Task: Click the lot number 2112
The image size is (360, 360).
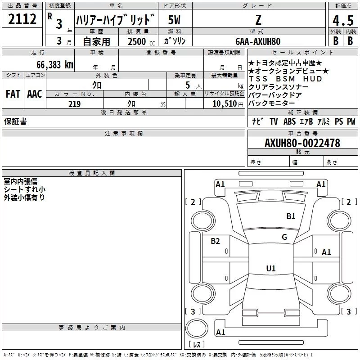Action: coord(22,19)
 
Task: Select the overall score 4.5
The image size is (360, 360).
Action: coord(343,20)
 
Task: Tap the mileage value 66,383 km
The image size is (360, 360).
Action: coord(55,65)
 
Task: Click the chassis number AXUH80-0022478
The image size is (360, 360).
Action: coord(302,143)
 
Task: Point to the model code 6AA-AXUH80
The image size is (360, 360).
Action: coord(258,41)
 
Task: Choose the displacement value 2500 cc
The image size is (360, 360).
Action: coord(141,41)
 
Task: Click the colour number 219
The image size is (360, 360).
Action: coord(74,104)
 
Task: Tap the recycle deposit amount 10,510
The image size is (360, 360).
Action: coord(224,104)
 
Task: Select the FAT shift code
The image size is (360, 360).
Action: coord(13,94)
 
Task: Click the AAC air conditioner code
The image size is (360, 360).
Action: coord(35,94)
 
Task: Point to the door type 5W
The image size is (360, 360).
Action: coord(174,20)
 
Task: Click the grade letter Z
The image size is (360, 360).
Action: coord(258,20)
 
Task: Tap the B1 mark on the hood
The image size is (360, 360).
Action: coord(291,216)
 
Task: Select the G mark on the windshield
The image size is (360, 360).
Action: coord(284,237)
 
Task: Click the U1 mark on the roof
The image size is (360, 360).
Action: coord(271,268)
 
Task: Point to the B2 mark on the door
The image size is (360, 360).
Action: coord(215,241)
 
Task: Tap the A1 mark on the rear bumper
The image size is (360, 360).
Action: coord(220,332)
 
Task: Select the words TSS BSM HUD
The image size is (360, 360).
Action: coord(285,79)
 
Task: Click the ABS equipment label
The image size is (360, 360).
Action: coord(289,121)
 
